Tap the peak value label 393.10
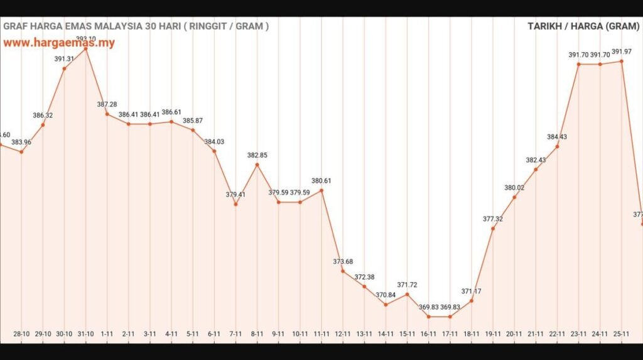click(86, 39)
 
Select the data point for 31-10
click(86, 48)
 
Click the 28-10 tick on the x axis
click(22, 334)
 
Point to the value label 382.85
click(257, 155)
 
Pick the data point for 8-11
click(257, 165)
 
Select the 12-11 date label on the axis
click(343, 334)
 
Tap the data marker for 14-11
click(386, 305)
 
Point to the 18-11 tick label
click(471, 334)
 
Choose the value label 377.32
click(493, 219)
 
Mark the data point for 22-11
click(557, 147)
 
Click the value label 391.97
click(622, 52)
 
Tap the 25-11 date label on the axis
click(622, 334)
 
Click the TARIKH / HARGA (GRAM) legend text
click(583, 26)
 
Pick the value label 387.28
click(107, 104)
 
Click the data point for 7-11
click(236, 204)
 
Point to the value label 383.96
click(22, 142)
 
